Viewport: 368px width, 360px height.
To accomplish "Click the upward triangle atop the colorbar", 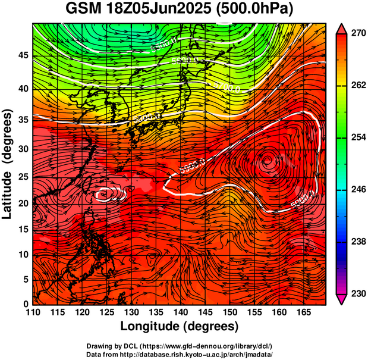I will [342, 29].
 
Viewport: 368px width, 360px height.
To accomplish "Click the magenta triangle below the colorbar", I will [342, 299].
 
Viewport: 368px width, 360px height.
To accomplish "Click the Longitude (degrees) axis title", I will [180, 326].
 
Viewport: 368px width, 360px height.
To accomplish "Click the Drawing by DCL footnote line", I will [180, 346].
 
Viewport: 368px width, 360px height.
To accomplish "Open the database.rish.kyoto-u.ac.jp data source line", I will [180, 353].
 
